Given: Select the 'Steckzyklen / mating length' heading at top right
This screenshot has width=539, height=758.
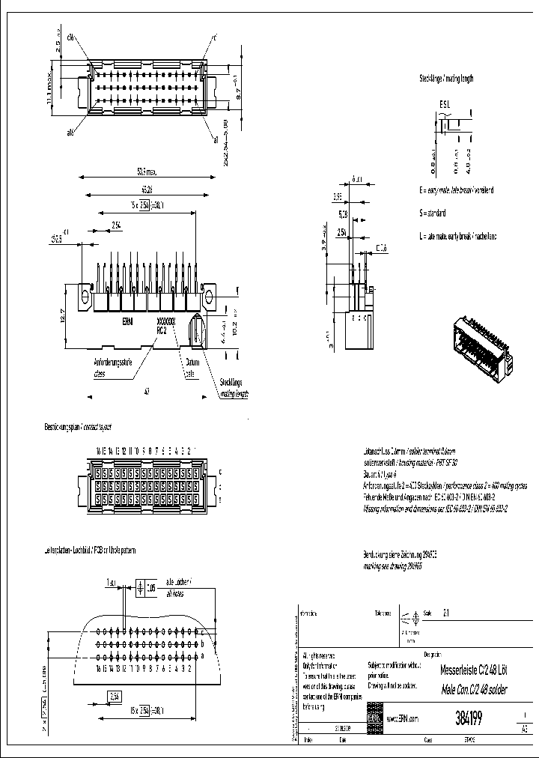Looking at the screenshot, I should (446, 78).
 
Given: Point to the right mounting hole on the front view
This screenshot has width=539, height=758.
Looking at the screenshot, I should (209, 298).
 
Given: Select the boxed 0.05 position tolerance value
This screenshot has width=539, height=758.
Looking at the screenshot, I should (152, 588).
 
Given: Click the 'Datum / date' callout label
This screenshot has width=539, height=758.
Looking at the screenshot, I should (190, 366).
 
